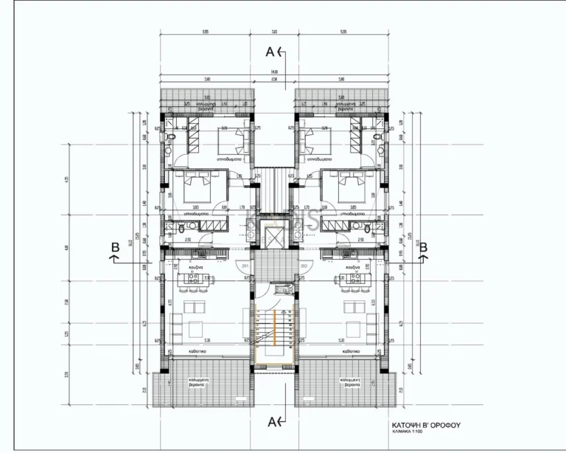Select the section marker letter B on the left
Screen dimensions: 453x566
point(114,248)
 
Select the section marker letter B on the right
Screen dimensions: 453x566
point(423,248)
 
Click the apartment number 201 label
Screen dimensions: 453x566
point(245,265)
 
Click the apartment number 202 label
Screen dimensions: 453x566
point(303,265)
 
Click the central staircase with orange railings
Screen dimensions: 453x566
point(273,336)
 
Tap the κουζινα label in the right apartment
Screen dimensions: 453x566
point(351,265)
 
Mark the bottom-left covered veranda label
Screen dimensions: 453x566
point(195,382)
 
